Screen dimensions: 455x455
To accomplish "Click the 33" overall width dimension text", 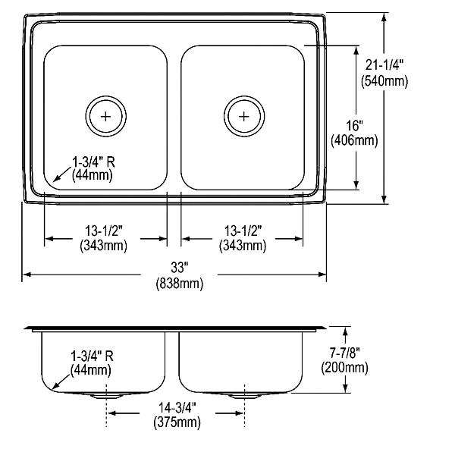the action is point(179,267).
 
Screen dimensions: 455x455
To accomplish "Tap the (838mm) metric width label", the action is point(179,283).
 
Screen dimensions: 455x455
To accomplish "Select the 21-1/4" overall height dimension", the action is point(384,64).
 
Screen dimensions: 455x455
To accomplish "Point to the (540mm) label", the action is point(384,80).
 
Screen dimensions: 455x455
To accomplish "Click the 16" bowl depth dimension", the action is point(355,125).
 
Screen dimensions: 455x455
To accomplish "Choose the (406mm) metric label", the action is point(355,141).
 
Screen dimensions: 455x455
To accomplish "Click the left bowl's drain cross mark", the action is point(106,117).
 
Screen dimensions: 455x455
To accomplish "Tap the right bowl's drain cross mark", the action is point(244,117).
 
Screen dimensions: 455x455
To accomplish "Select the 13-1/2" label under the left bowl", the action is point(104,231).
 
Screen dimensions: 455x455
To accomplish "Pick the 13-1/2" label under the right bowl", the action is point(243,231).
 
